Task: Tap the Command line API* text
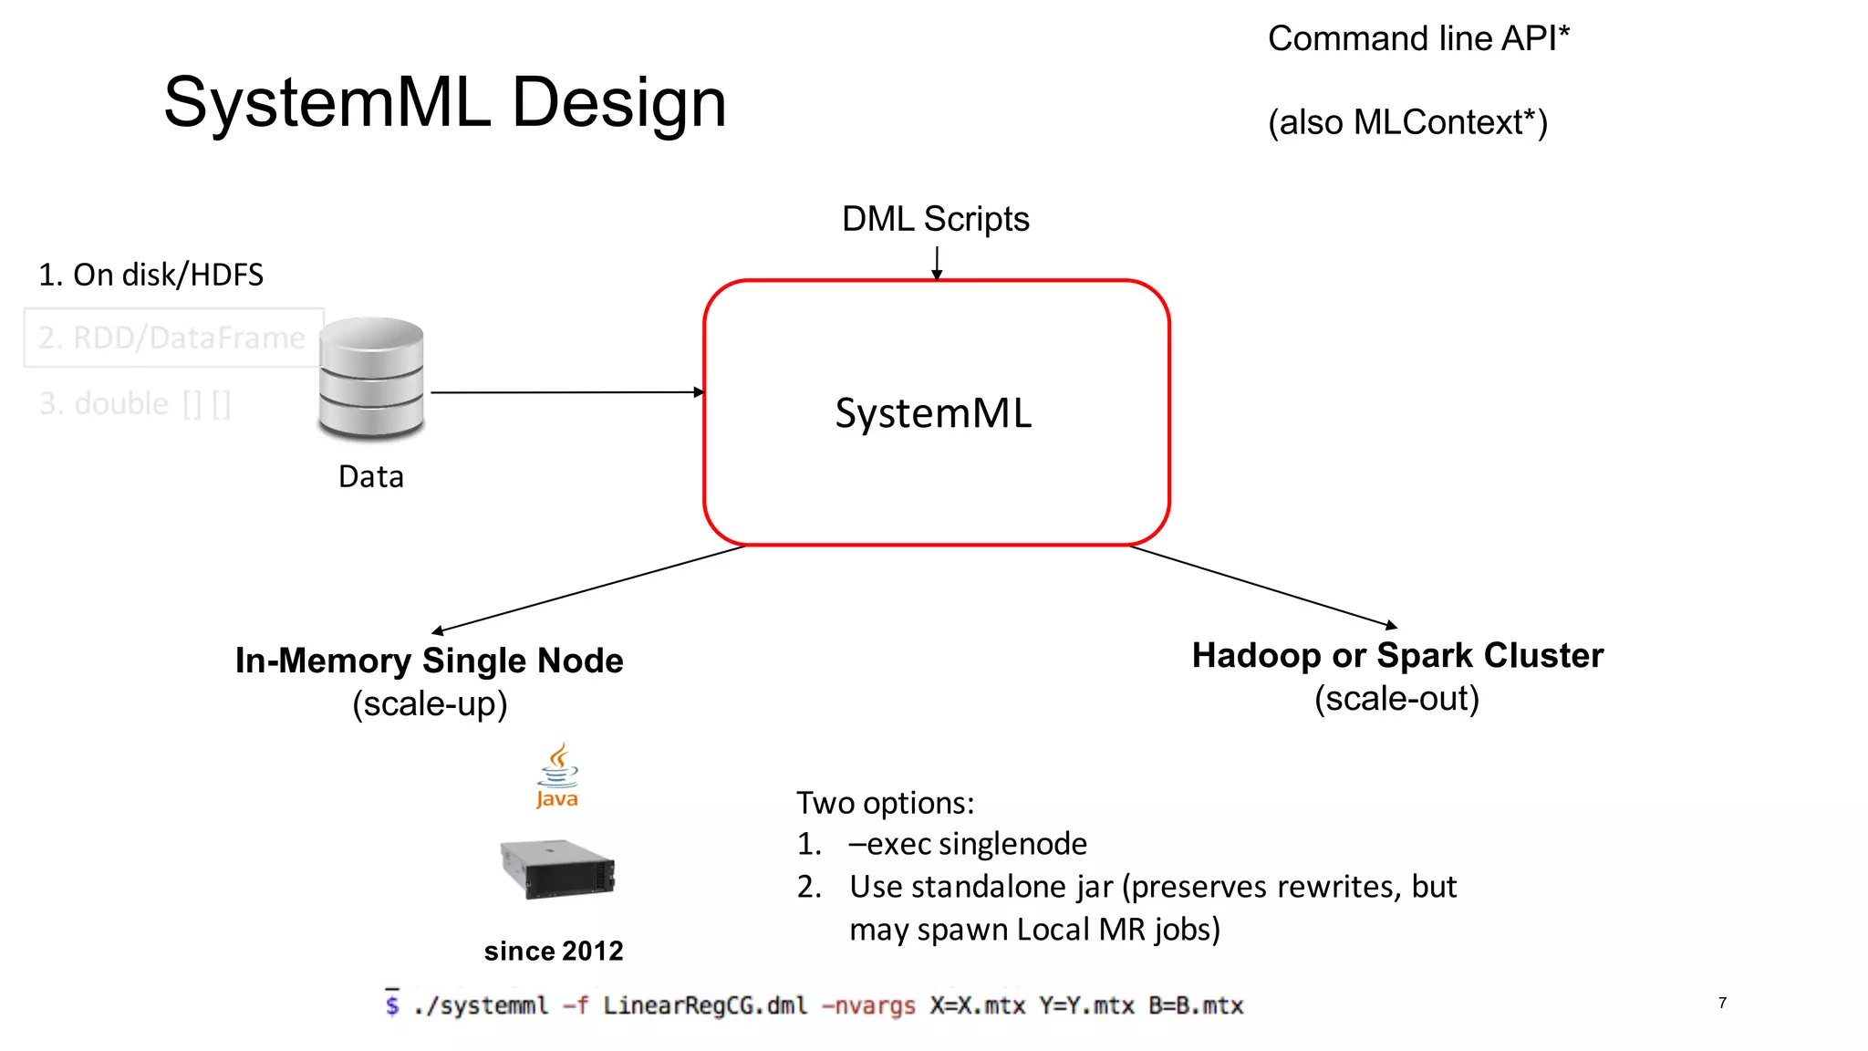click(x=1418, y=39)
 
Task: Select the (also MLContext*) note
click(x=1407, y=122)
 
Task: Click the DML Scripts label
click(x=935, y=219)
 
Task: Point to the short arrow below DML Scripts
click(x=937, y=262)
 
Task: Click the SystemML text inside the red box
click(x=933, y=413)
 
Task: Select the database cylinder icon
click(x=371, y=377)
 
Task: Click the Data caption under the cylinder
click(x=370, y=476)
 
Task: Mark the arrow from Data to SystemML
click(x=566, y=392)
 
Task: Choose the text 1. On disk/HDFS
click(x=150, y=275)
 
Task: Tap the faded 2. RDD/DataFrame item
click(x=171, y=338)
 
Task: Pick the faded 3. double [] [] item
click(x=134, y=403)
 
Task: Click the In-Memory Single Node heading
click(x=429, y=661)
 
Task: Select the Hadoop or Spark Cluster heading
click(x=1397, y=655)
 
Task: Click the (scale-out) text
click(x=1396, y=699)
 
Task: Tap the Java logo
click(x=557, y=775)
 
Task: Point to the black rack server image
click(x=557, y=869)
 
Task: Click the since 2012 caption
click(x=554, y=951)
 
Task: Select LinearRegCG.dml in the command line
click(x=705, y=1005)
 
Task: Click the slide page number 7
click(x=1722, y=1003)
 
